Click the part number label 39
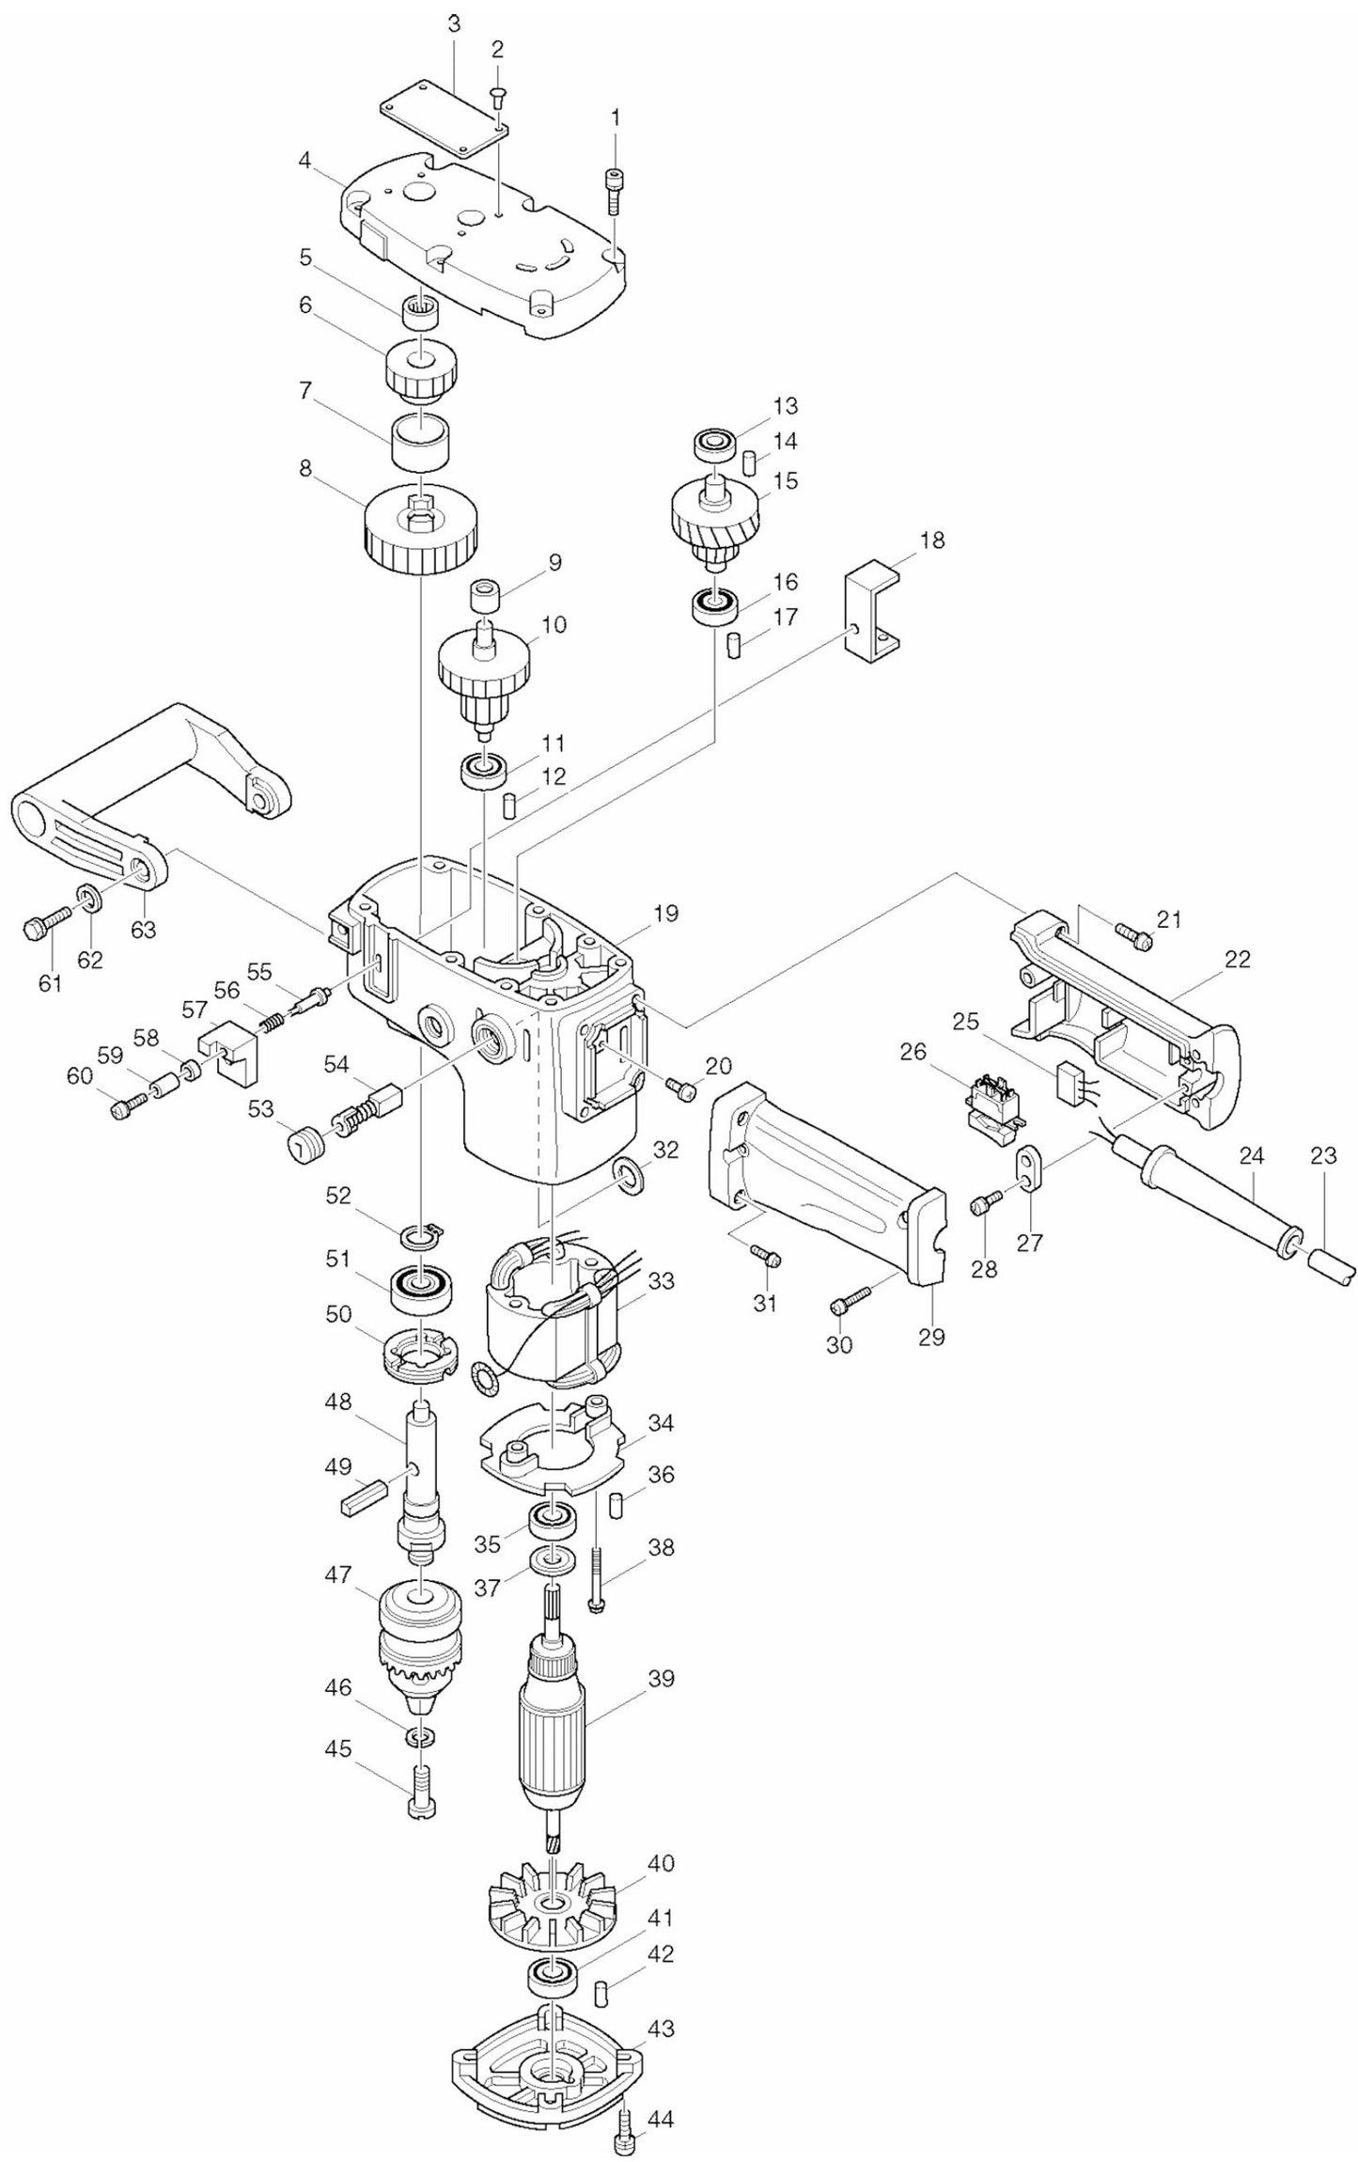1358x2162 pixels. pos(661,1678)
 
